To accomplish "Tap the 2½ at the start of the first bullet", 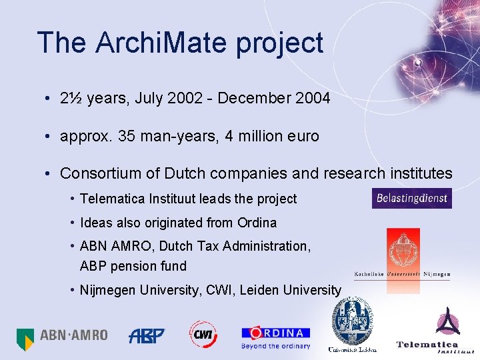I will coord(71,99).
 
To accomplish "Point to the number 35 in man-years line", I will coord(125,137).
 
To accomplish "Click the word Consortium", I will coord(99,174).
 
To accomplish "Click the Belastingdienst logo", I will coord(411,198).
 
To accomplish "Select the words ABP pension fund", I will coord(133,266).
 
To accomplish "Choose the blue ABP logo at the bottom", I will coord(147,335).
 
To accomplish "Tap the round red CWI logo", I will coord(203,335).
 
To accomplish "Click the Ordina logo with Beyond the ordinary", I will coord(275,337).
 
